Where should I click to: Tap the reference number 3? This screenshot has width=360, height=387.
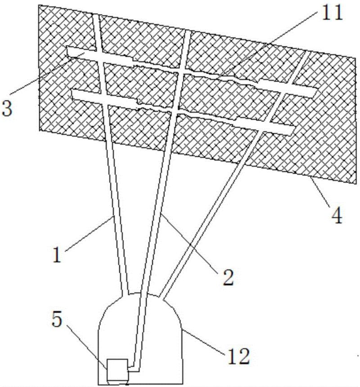(x=6, y=108)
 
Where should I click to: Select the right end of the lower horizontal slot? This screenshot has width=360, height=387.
(x=292, y=131)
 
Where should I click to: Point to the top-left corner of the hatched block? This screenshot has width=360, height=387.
(x=39, y=5)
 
